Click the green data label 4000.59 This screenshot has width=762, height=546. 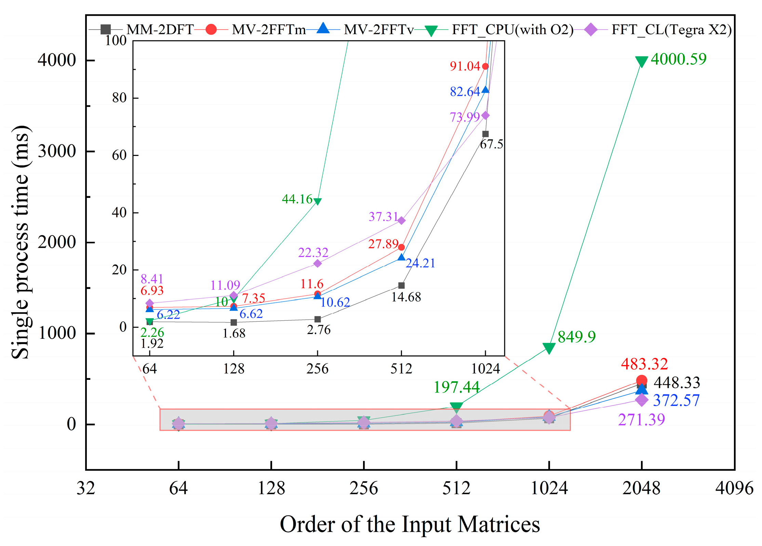click(x=678, y=59)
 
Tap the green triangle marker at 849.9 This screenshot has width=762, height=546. click(x=548, y=348)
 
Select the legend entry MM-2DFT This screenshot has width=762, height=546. click(x=160, y=30)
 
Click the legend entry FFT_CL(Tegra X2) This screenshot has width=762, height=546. click(x=671, y=30)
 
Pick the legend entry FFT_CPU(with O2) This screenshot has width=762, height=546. click(x=512, y=30)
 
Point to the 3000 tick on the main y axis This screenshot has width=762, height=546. click(x=57, y=151)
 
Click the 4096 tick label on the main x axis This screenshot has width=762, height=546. click(x=734, y=488)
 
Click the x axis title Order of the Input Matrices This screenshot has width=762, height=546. click(x=410, y=524)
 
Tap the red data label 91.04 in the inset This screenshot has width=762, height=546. click(x=465, y=66)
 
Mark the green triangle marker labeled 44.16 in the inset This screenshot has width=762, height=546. click(x=317, y=201)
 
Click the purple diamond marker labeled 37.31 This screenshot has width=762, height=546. click(x=401, y=221)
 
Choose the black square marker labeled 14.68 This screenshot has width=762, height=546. click(x=401, y=285)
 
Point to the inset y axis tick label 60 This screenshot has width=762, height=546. click(x=119, y=155)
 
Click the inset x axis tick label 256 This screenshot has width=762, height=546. click(x=317, y=369)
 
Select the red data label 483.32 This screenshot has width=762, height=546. click(x=644, y=364)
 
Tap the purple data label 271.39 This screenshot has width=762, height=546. click(x=641, y=420)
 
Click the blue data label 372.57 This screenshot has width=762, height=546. click(x=676, y=400)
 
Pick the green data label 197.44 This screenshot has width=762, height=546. click(x=456, y=387)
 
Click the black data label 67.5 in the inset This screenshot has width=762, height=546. click(x=491, y=145)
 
